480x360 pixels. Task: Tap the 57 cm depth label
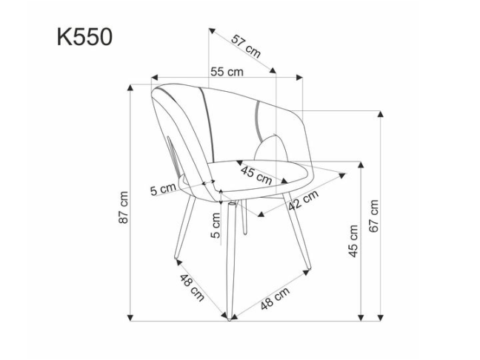coord(246,46)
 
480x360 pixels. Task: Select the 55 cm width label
coord(227,72)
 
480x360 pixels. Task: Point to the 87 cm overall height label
coord(124,207)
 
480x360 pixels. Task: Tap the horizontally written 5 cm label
coord(163,188)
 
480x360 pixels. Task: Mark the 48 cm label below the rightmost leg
coord(274,299)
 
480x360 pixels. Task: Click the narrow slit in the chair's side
coord(173,155)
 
